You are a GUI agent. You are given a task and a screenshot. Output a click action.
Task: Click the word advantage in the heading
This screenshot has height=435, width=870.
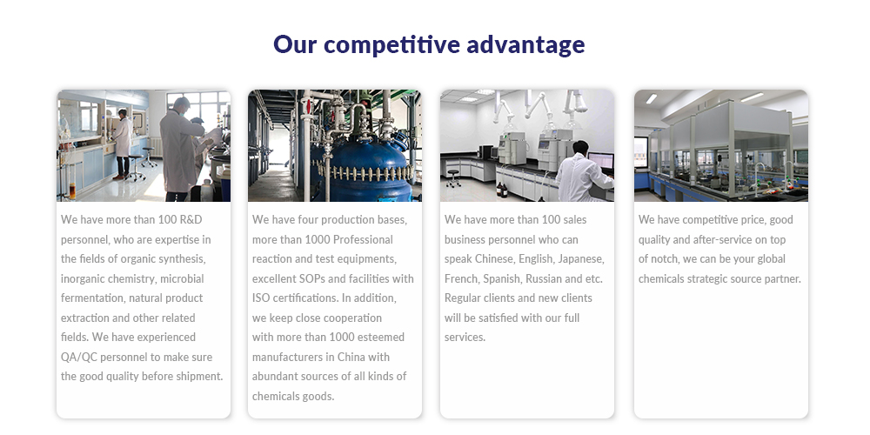click(x=525, y=45)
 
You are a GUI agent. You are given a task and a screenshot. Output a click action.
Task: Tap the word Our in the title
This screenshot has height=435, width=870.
click(x=295, y=44)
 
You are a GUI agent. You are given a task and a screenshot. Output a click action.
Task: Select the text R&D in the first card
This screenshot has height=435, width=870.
click(x=191, y=220)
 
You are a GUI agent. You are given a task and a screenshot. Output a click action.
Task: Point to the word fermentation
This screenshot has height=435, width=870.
click(x=93, y=298)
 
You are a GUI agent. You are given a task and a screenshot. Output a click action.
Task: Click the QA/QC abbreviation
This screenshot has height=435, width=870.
click(x=79, y=358)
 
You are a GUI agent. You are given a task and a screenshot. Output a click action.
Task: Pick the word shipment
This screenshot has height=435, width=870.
click(x=199, y=377)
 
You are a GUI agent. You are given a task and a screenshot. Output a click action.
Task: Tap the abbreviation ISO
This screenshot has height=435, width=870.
click(x=261, y=298)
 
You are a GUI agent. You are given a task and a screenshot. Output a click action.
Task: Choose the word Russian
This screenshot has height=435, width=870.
click(x=544, y=278)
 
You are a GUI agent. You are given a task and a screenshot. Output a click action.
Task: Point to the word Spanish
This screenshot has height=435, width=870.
click(x=502, y=279)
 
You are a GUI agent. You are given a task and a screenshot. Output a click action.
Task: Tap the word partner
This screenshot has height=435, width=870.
click(x=782, y=279)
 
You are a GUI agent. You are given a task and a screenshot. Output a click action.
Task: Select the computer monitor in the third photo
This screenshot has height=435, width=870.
click(x=601, y=162)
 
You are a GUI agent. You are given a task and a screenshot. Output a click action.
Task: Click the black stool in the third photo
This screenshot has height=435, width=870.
click(x=454, y=178)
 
